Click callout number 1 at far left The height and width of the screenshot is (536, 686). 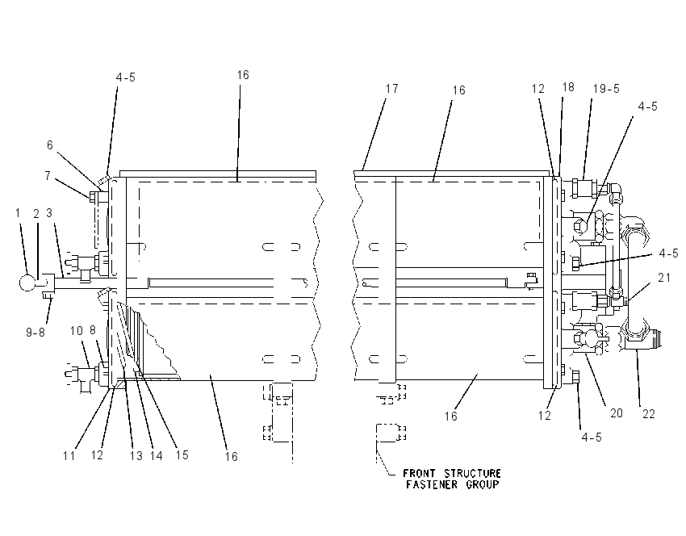[x=18, y=213]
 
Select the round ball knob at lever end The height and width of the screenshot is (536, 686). [x=27, y=283]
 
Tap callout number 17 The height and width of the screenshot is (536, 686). [x=392, y=88]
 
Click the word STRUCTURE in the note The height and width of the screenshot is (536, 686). [x=472, y=473]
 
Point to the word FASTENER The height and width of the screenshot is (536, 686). [x=432, y=485]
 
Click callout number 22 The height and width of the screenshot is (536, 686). [x=648, y=414]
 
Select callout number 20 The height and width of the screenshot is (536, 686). [x=616, y=413]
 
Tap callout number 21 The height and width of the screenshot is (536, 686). [x=664, y=278]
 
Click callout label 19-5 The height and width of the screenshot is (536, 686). [x=606, y=89]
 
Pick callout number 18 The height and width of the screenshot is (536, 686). [x=568, y=87]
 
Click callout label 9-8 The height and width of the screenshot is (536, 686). [x=36, y=333]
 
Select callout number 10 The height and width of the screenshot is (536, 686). [x=76, y=331]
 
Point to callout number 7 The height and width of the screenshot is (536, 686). [x=48, y=176]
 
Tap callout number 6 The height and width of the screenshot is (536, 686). [x=50, y=144]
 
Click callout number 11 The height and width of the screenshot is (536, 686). [x=69, y=456]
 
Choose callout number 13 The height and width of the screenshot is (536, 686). [x=136, y=456]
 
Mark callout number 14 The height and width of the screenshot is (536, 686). [x=157, y=456]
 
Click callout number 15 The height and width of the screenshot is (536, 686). [x=182, y=455]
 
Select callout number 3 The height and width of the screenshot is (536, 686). [x=49, y=213]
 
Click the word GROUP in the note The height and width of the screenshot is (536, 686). [x=482, y=485]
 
